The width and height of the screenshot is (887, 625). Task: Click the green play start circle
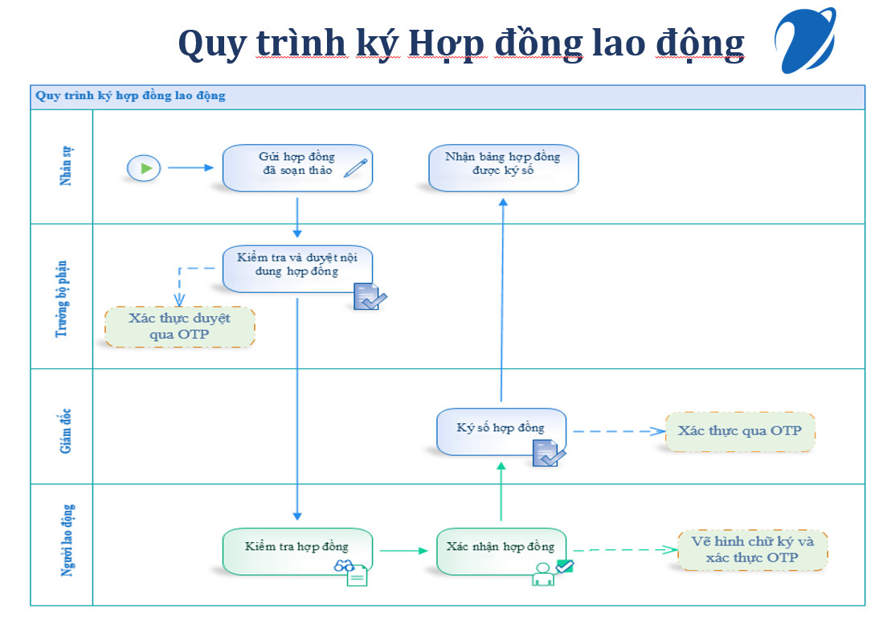coord(144,168)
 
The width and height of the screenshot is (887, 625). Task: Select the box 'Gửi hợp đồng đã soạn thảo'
coord(297,168)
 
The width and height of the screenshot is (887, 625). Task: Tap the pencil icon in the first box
coord(356,168)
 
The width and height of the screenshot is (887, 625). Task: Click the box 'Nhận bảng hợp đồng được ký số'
coord(504,168)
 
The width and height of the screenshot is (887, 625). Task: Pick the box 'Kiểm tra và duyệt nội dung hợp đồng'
coord(297,269)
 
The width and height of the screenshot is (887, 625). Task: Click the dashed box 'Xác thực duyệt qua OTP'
coord(180,327)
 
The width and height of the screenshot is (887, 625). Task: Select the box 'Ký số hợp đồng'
coord(501,432)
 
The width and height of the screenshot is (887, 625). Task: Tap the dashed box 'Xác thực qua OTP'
coord(740,431)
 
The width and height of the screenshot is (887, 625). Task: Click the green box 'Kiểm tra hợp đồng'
coord(297,552)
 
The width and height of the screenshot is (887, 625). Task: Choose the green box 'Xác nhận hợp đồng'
coord(501,552)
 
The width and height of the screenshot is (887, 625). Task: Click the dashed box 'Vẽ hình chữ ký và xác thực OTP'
coord(752,550)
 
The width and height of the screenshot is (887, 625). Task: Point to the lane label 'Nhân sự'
coord(66,166)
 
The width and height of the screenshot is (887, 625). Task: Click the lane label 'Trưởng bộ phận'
coord(61,299)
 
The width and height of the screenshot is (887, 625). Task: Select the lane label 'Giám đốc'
coord(66,431)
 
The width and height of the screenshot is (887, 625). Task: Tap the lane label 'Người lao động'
coord(67,541)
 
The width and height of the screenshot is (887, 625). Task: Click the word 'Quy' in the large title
coord(213,44)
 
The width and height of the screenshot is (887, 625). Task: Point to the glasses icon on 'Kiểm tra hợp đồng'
coord(344,565)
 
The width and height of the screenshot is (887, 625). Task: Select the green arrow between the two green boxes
coord(404,550)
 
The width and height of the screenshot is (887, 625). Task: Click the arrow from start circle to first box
coord(190,167)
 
